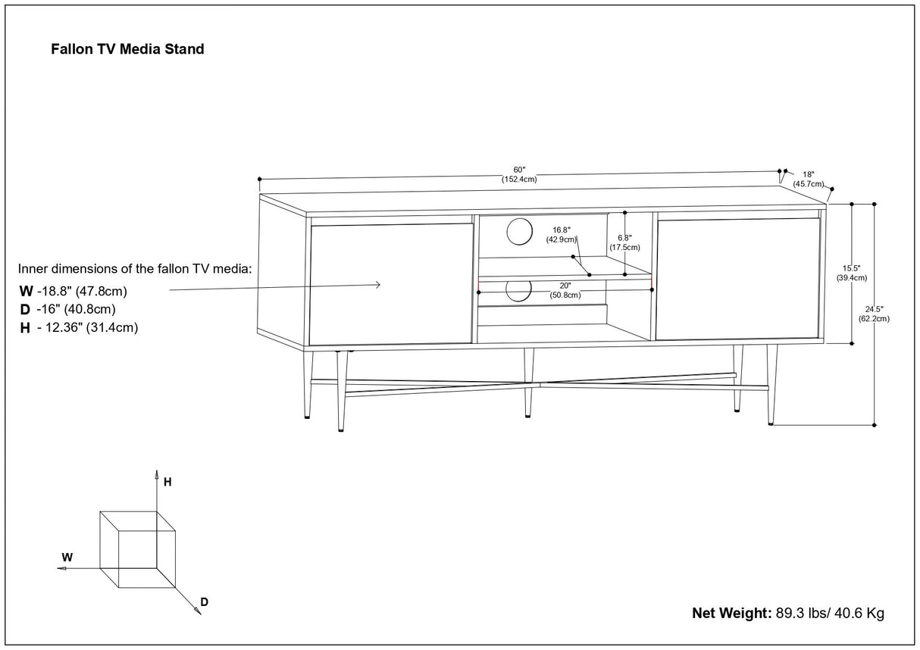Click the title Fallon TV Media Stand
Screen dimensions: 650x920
pos(127,49)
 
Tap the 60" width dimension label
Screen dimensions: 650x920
pos(519,174)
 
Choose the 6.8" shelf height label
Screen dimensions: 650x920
pos(624,242)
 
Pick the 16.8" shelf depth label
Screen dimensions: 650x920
pos(561,234)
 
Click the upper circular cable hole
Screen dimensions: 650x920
pos(519,232)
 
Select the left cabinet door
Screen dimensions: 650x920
pos(391,284)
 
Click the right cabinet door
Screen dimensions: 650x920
pos(739,279)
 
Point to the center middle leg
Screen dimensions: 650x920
pos(528,383)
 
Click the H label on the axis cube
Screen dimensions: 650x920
pos(167,482)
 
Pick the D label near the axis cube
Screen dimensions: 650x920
pos(204,602)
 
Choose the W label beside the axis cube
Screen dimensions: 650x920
pos(67,557)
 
